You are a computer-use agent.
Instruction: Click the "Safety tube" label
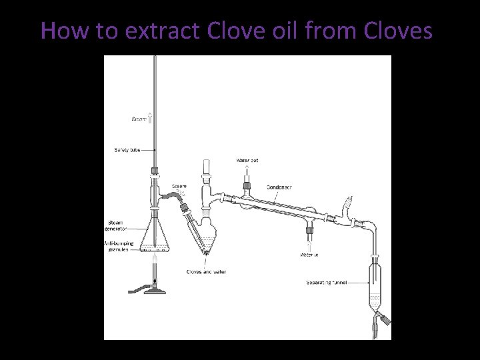click(126, 149)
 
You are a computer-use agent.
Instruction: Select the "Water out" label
click(247, 161)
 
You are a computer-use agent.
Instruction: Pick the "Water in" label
click(309, 255)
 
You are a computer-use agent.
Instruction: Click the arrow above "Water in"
click(309, 245)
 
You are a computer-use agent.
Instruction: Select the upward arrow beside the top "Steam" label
click(151, 119)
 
